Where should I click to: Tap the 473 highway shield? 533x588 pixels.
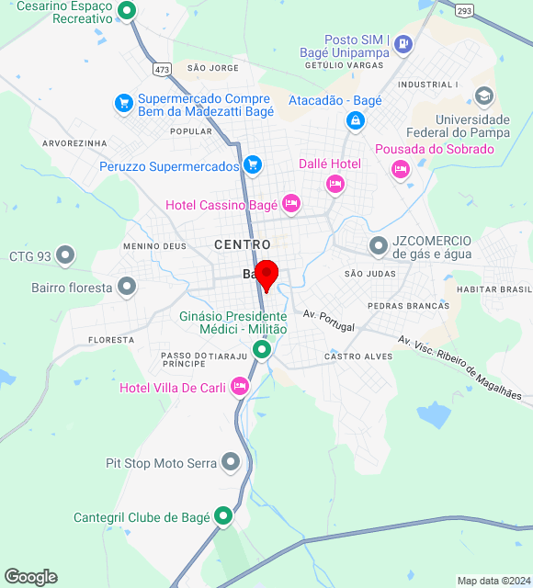(x=163, y=69)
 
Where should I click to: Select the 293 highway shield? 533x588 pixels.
(x=465, y=11)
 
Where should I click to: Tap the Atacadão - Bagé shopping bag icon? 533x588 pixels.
(x=355, y=120)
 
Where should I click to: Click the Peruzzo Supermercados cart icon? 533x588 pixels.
(x=254, y=166)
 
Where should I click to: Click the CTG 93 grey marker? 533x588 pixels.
(x=65, y=255)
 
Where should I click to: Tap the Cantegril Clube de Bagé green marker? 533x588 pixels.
(x=223, y=517)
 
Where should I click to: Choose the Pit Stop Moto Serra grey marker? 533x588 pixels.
(x=231, y=463)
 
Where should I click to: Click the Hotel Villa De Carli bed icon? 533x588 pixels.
(x=240, y=387)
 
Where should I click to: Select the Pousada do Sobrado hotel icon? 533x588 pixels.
(x=400, y=168)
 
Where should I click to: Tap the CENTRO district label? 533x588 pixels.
(x=243, y=244)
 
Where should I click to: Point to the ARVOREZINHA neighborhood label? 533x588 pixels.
(x=74, y=143)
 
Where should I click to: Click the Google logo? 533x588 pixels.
(x=30, y=577)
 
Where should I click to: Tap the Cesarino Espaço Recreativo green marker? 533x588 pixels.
(x=128, y=12)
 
